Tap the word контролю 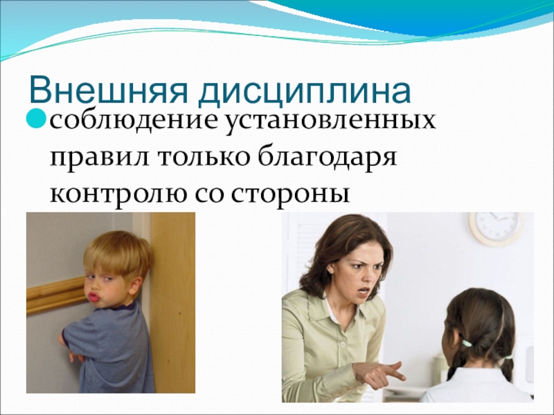pos(114,193)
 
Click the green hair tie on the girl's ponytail pos(468,342)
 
